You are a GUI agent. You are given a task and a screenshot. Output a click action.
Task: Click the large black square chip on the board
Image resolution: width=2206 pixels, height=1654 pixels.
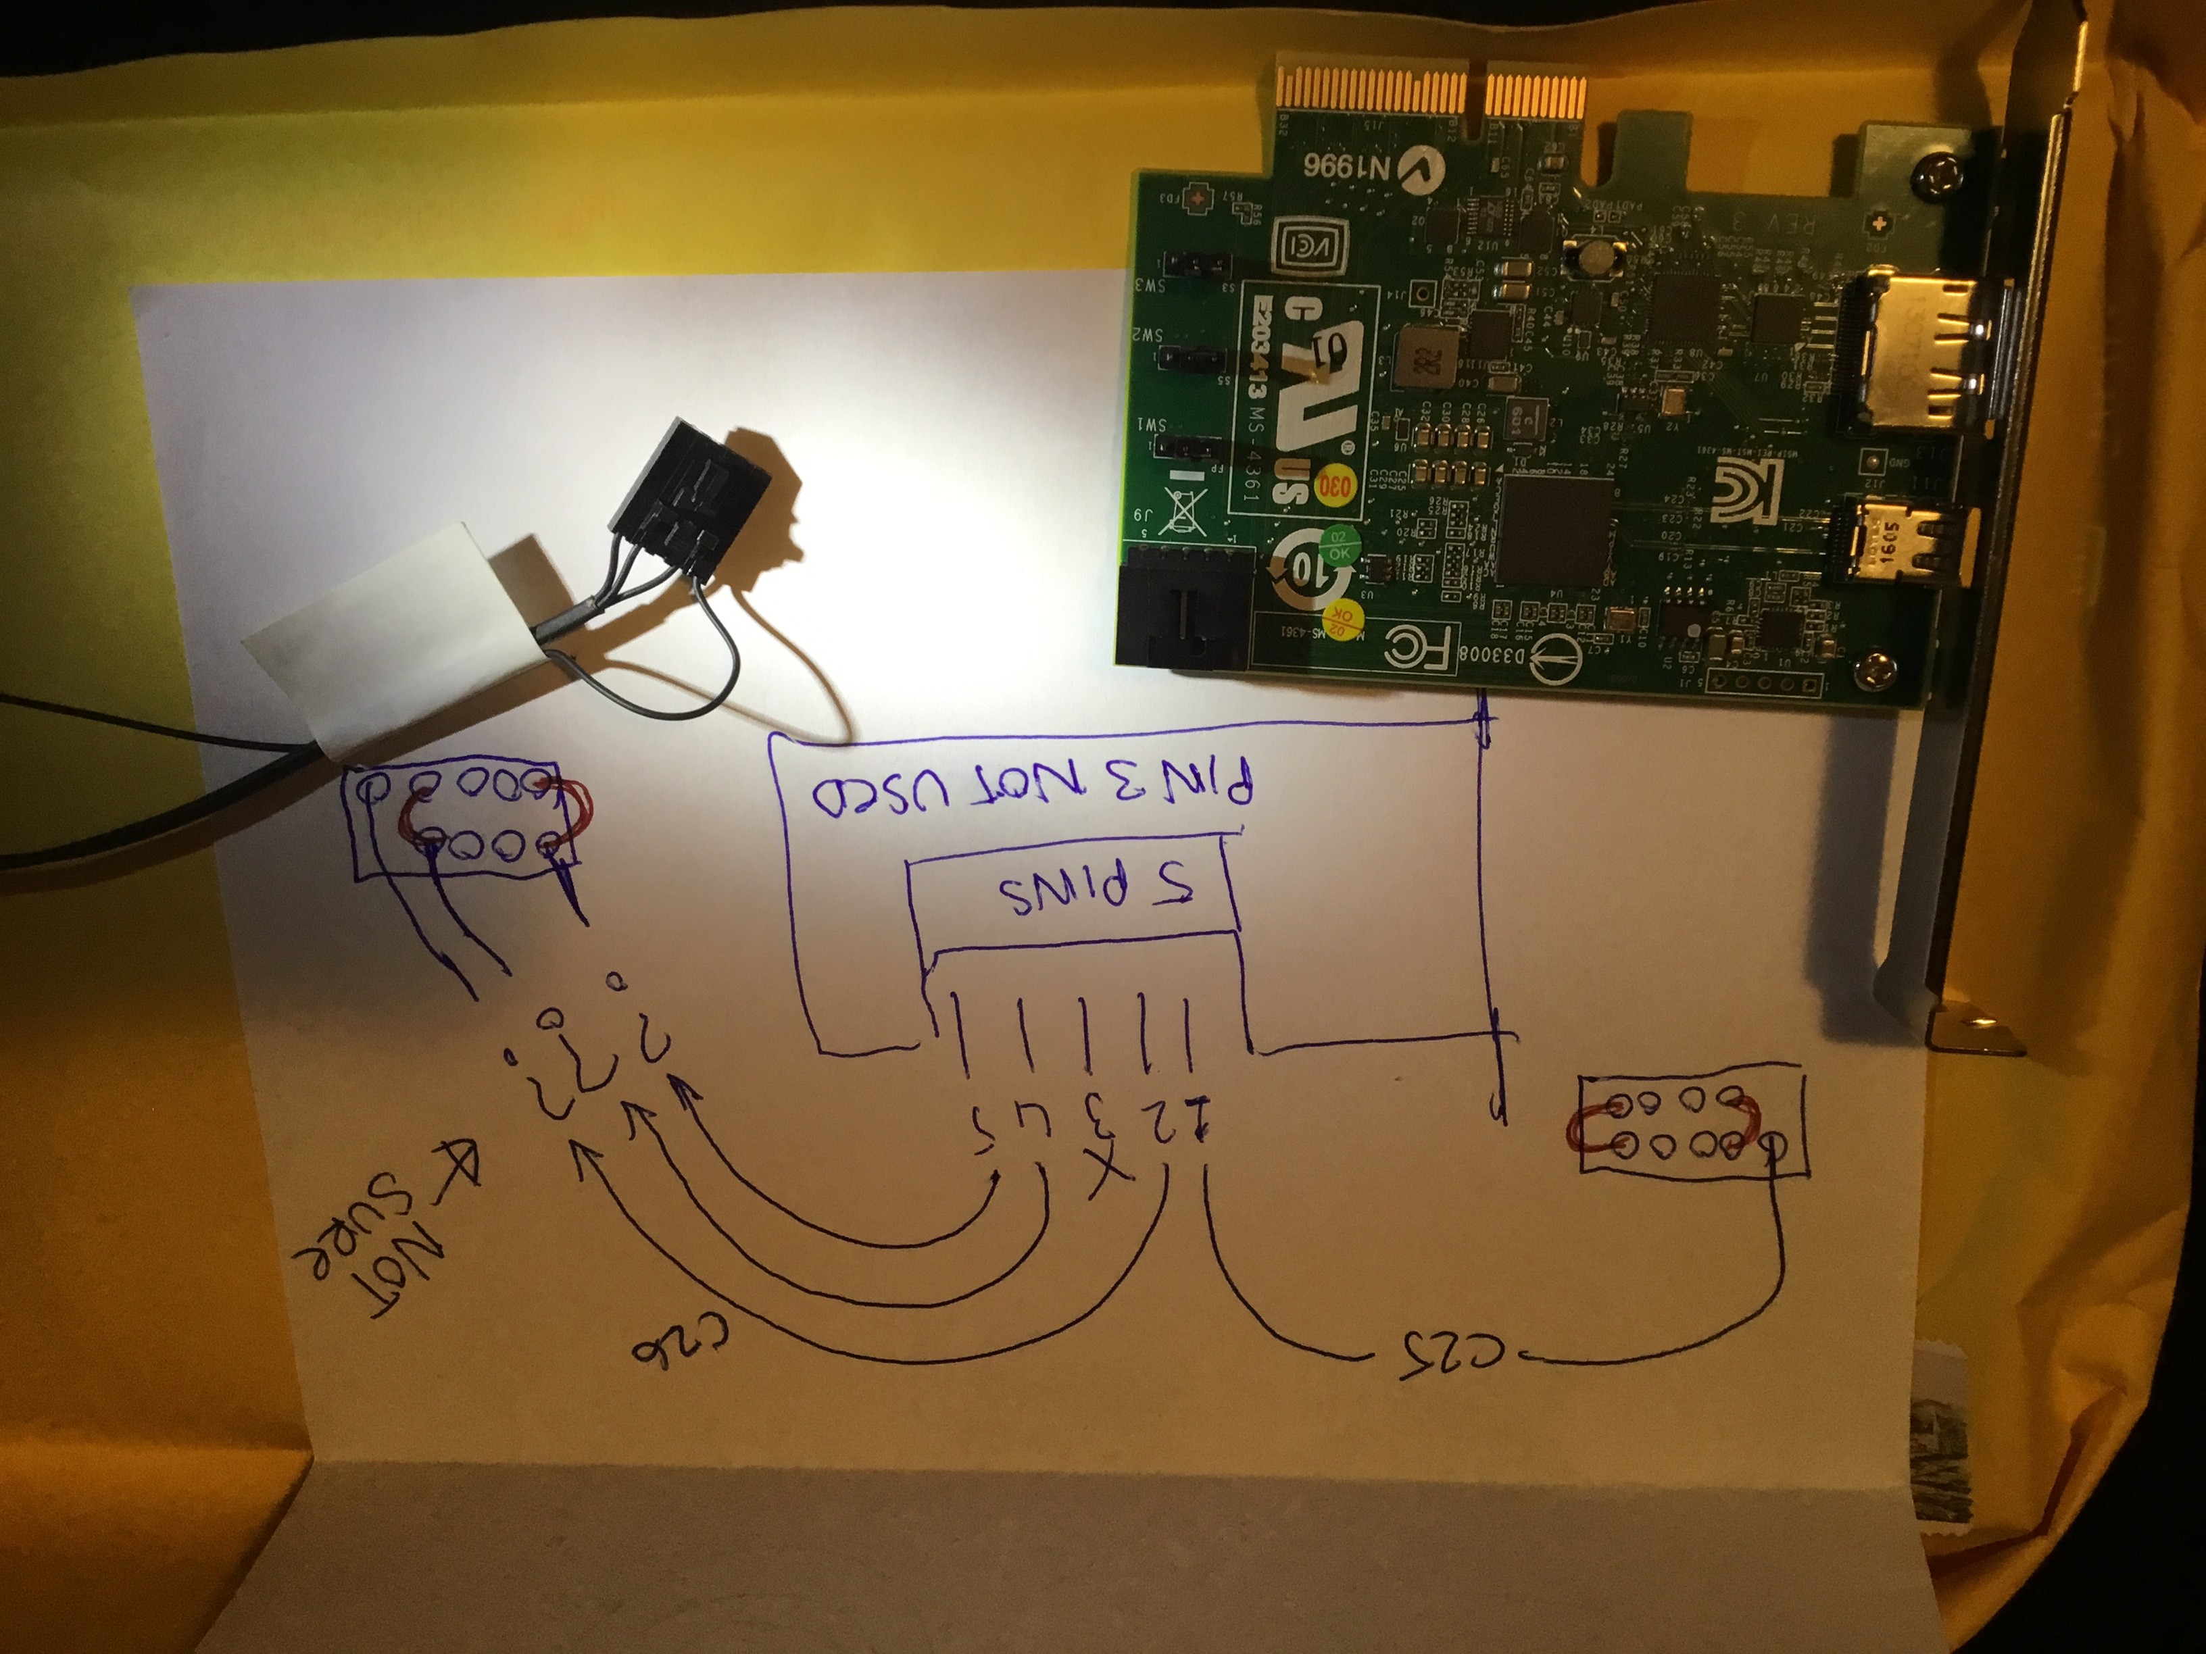click(x=1556, y=528)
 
